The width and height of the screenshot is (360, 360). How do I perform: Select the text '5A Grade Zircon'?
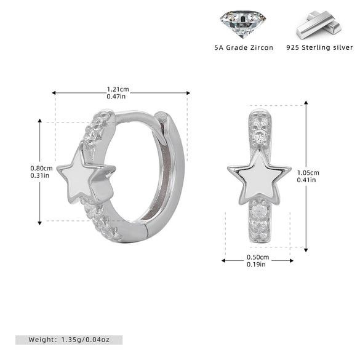pyautogui.click(x=244, y=48)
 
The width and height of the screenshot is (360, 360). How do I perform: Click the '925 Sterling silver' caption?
pyautogui.click(x=319, y=47)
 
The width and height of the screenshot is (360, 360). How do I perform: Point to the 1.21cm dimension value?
pyautogui.click(x=118, y=89)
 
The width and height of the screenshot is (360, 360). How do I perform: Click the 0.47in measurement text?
pyautogui.click(x=116, y=97)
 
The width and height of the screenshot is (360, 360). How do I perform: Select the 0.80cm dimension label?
pyautogui.click(x=41, y=168)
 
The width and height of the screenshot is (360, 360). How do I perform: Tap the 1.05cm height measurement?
pyautogui.click(x=308, y=173)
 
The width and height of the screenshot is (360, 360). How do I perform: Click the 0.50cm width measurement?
pyautogui.click(x=258, y=257)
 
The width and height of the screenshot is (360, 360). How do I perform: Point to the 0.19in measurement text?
pyautogui.click(x=256, y=264)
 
